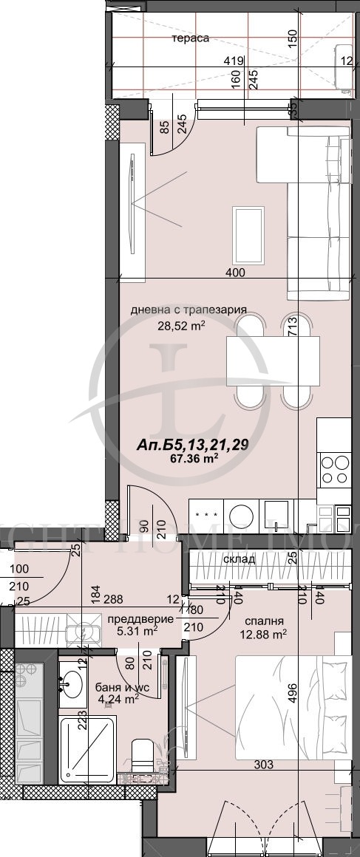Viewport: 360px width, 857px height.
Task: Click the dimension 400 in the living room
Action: click(236, 273)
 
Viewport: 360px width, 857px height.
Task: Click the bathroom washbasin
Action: click(72, 682)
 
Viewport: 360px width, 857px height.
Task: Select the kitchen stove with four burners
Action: click(334, 469)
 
